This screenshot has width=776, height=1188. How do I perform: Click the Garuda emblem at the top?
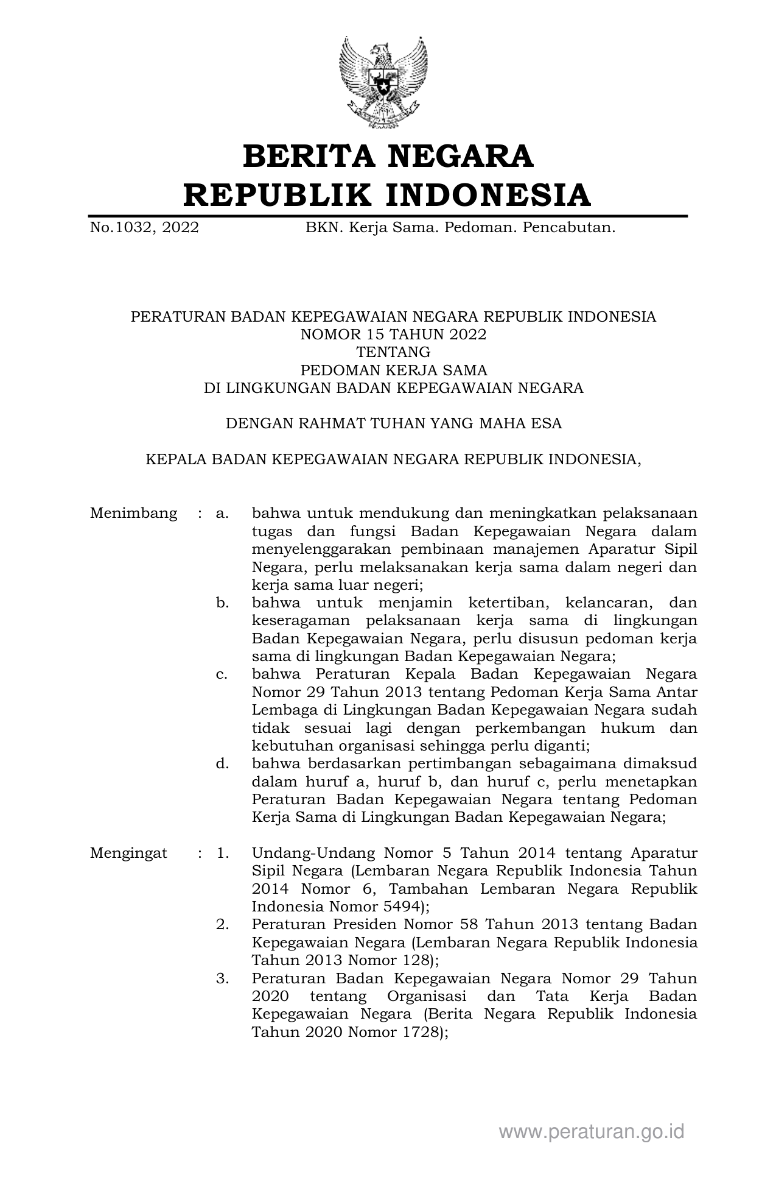pyautogui.click(x=383, y=82)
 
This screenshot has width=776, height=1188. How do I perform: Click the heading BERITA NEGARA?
pyautogui.click(x=388, y=156)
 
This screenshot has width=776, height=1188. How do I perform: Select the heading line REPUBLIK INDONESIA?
pyautogui.click(x=387, y=195)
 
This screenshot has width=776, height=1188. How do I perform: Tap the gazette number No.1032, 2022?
pyautogui.click(x=144, y=228)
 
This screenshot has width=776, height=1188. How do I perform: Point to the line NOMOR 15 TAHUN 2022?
pyautogui.click(x=393, y=334)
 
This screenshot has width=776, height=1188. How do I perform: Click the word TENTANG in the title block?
pyautogui.click(x=393, y=352)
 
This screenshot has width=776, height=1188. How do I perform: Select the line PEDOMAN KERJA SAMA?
pyautogui.click(x=393, y=370)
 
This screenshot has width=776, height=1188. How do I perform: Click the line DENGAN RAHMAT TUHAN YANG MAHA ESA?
pyautogui.click(x=393, y=423)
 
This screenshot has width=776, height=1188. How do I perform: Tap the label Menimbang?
pyautogui.click(x=133, y=513)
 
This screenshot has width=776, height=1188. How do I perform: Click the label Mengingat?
pyautogui.click(x=128, y=853)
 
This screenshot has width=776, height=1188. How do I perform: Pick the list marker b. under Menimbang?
pyautogui.click(x=222, y=603)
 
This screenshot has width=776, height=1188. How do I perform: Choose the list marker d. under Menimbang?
pyautogui.click(x=222, y=763)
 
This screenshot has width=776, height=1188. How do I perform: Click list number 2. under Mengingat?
pyautogui.click(x=222, y=924)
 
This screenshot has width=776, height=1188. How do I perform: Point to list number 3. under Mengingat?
pyautogui.click(x=222, y=978)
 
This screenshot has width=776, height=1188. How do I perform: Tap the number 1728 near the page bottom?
pyautogui.click(x=414, y=1032)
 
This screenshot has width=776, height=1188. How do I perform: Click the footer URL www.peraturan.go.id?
pyautogui.click(x=592, y=1132)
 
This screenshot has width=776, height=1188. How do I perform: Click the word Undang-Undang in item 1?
pyautogui.click(x=311, y=853)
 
